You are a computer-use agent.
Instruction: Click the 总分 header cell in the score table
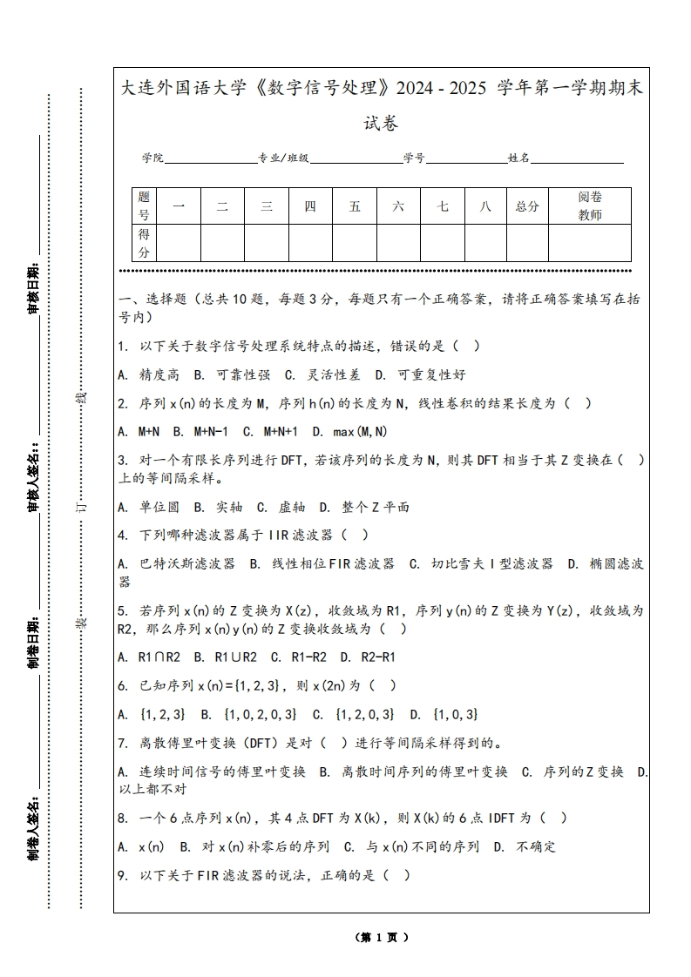coord(527,206)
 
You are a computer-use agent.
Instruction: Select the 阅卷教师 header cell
coord(590,206)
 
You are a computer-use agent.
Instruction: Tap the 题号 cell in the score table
coord(144,206)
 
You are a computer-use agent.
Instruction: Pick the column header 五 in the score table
coord(355,206)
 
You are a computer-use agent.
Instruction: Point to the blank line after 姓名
coord(577,158)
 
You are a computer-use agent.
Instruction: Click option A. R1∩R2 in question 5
coord(149,657)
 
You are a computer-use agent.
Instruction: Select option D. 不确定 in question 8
coord(525,846)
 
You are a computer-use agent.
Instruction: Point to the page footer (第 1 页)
coord(382,937)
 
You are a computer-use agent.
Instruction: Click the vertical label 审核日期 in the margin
coord(34,287)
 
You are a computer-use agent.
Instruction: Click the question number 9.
coord(123,875)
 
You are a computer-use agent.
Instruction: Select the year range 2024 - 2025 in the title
coord(442,89)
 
